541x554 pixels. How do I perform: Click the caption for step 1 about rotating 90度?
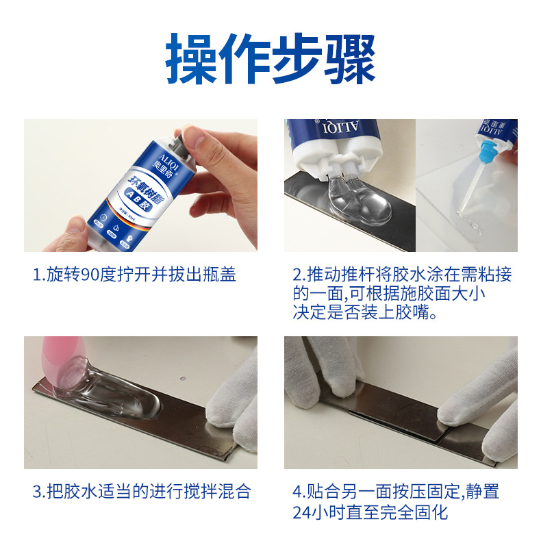coord(134,275)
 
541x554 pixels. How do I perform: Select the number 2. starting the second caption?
coord(299,275)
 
